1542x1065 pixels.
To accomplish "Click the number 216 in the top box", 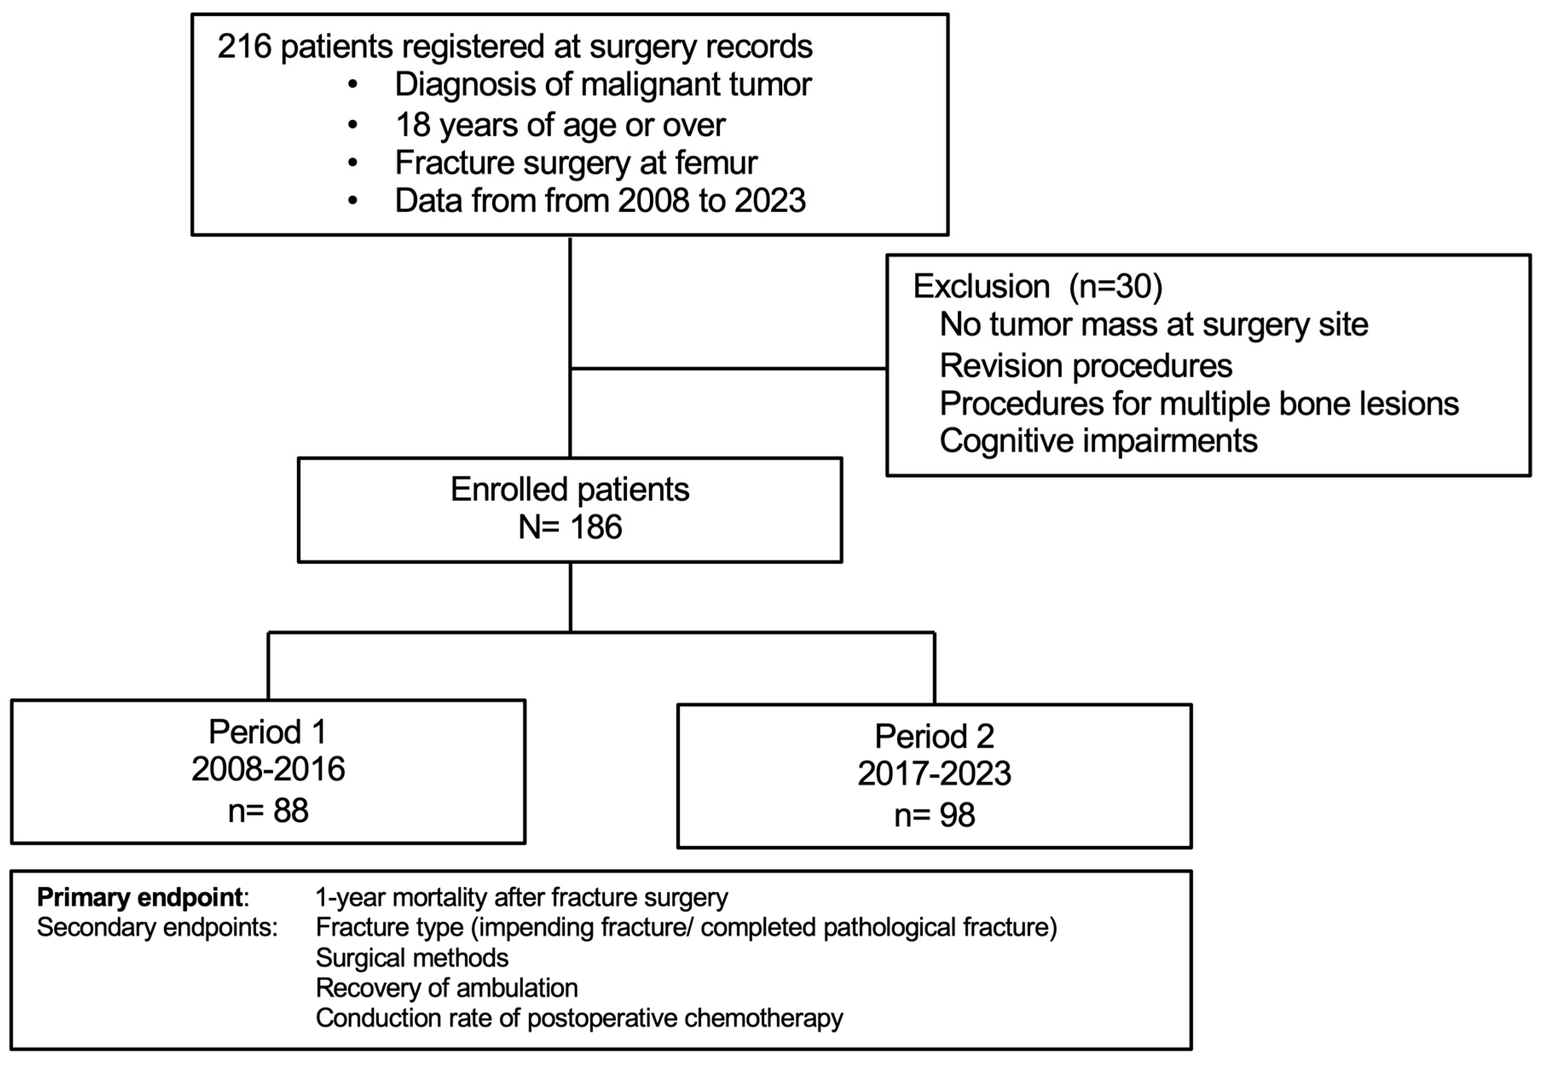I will click(x=244, y=47).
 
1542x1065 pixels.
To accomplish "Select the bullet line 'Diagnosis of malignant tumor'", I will click(x=603, y=85).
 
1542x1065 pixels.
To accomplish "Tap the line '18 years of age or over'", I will click(x=560, y=125).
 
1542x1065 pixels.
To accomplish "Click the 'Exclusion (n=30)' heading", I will click(x=1037, y=286).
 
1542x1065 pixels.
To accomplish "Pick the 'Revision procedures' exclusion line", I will click(x=1086, y=366).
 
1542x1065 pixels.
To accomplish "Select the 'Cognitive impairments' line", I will click(x=1098, y=441).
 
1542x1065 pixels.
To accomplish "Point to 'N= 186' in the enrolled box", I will click(x=569, y=527).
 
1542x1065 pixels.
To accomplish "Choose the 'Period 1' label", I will click(x=268, y=732).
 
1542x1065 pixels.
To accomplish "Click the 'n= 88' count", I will click(x=268, y=811).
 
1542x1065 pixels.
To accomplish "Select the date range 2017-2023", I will click(x=934, y=773).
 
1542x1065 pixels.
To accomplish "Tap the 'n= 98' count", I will click(x=934, y=815).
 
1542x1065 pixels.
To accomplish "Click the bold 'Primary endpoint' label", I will click(x=139, y=898).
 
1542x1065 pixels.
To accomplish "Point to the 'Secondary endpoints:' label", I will click(x=157, y=927).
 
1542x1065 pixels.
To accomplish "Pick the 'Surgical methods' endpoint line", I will click(x=412, y=958).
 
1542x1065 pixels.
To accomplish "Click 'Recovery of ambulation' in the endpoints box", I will click(x=447, y=988).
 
